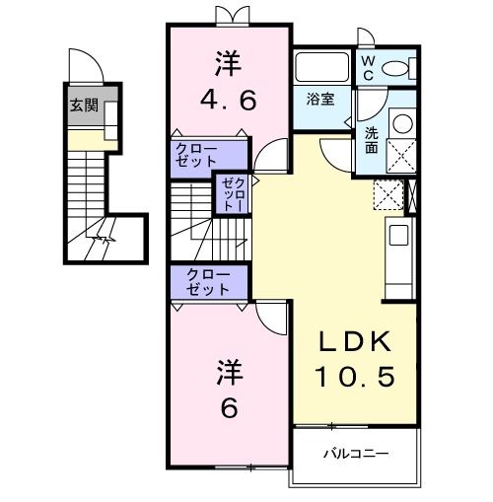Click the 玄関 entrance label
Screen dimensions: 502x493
(83, 106)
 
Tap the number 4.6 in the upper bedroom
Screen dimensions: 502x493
(228, 99)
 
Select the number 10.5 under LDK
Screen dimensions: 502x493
(356, 375)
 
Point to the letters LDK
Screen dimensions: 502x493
(357, 341)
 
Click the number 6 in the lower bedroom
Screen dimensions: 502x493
(228, 405)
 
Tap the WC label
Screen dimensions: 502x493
(367, 67)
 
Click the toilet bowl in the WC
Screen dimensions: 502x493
(397, 68)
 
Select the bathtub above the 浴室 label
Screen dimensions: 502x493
(321, 69)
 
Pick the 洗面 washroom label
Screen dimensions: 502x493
(371, 139)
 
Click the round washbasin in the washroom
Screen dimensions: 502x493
(402, 125)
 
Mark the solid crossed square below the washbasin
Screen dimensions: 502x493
(403, 157)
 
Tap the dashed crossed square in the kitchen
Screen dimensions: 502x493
(389, 195)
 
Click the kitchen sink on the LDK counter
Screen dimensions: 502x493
(398, 235)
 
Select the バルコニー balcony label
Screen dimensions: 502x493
(356, 455)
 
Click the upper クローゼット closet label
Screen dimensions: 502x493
(197, 156)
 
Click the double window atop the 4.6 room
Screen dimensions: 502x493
(228, 14)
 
